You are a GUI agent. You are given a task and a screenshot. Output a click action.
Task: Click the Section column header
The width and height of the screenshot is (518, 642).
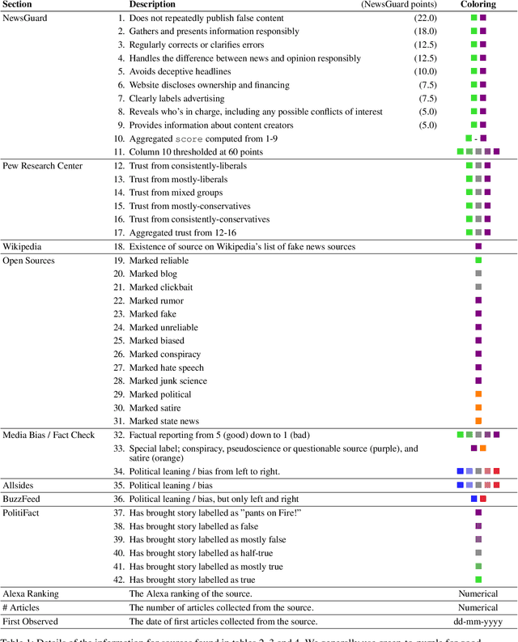click(x=18, y=4)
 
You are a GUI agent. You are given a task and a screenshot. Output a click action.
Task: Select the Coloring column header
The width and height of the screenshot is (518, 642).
click(x=478, y=4)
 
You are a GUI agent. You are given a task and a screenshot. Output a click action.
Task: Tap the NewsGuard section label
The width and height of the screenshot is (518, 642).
click(x=25, y=17)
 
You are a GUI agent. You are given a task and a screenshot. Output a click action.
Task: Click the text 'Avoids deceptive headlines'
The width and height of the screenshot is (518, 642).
click(x=180, y=71)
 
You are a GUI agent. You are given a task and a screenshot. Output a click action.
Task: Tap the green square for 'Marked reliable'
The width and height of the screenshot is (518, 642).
click(x=478, y=260)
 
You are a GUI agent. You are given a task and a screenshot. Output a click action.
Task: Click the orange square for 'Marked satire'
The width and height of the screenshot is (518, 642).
click(x=478, y=407)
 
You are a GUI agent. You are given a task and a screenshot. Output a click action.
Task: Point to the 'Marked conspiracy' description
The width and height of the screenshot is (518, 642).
click(x=163, y=354)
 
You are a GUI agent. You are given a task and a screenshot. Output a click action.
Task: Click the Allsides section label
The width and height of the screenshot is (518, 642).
click(x=20, y=485)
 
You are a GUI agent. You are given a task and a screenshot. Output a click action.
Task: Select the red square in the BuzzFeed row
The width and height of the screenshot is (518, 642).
click(x=483, y=499)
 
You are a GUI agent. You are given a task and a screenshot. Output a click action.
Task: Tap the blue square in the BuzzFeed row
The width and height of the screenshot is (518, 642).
click(x=473, y=499)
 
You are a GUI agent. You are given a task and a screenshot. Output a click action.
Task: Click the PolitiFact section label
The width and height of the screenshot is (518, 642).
click(x=22, y=512)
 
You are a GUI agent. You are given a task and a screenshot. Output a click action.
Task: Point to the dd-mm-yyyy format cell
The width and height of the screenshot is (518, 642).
click(x=478, y=621)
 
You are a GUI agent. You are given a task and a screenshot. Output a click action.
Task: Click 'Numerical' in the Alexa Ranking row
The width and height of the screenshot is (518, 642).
click(x=478, y=593)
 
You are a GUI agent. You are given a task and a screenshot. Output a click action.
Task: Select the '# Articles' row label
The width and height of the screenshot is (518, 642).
click(x=21, y=607)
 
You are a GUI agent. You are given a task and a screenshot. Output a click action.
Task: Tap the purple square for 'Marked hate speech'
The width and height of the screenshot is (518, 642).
click(x=478, y=368)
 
